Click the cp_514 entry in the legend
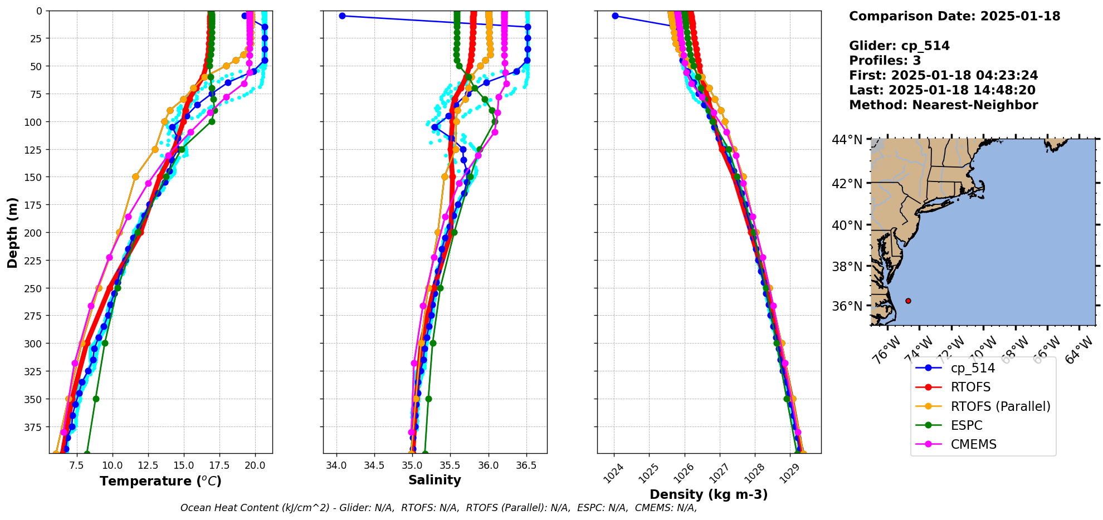(x=972, y=368)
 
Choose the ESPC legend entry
(x=967, y=425)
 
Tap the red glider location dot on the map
(x=908, y=301)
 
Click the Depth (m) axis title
(x=12, y=232)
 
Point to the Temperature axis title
(x=160, y=481)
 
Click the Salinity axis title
(x=435, y=480)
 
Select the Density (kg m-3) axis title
(x=709, y=494)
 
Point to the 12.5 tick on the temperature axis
(x=148, y=465)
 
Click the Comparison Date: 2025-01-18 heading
(x=954, y=16)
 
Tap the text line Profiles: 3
(x=885, y=61)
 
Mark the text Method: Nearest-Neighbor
(x=943, y=105)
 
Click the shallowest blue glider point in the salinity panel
(x=342, y=16)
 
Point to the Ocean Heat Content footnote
(x=438, y=508)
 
